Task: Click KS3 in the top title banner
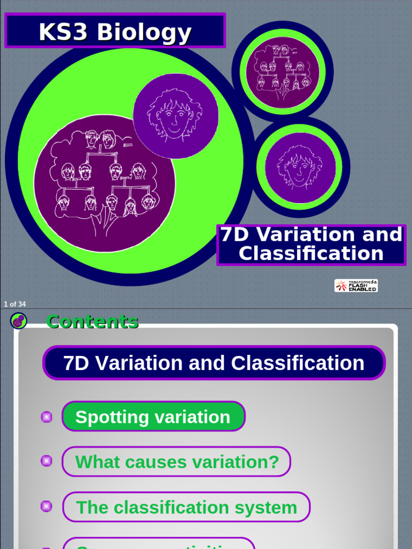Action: [63, 32]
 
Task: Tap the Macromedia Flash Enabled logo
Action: [356, 286]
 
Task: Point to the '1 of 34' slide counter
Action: [14, 304]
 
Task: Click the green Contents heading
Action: [92, 322]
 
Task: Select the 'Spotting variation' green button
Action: [153, 417]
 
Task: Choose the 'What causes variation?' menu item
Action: [176, 462]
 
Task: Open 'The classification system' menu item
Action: [186, 507]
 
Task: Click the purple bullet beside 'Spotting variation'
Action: [47, 417]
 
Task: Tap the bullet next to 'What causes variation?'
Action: [47, 461]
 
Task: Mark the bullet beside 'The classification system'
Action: [47, 506]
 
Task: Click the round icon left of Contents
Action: [19, 321]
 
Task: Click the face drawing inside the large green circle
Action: [175, 116]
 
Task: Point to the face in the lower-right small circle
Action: [300, 168]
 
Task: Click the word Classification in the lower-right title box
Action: [311, 254]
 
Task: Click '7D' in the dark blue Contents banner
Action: [75, 363]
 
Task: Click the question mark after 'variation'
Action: [274, 462]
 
